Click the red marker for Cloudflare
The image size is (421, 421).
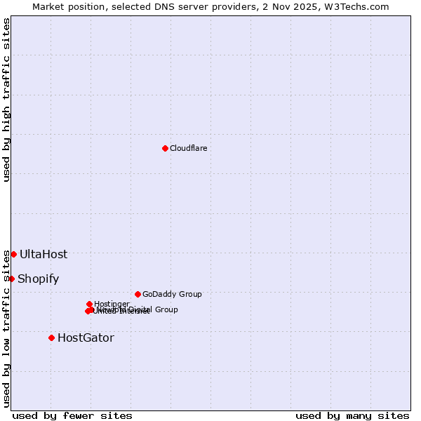165,148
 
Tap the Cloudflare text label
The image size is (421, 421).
188,148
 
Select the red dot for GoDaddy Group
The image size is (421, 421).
138,294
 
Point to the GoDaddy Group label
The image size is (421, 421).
172,294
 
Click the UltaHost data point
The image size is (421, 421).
13,254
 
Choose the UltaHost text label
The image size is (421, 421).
44,254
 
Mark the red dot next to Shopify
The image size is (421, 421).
11,279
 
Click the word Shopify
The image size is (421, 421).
38,279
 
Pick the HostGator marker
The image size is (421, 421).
51,338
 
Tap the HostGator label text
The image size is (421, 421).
86,338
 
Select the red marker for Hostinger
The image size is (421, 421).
89,304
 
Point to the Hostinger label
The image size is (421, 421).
112,304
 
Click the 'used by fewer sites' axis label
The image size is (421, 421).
72,415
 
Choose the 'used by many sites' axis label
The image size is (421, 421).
352,415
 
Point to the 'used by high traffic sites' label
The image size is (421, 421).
6,100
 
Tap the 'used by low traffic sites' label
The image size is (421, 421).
6,328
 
